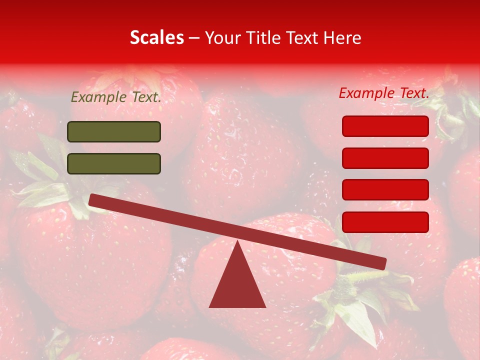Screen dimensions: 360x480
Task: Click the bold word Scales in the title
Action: (x=157, y=38)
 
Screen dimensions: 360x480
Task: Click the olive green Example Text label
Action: (x=116, y=97)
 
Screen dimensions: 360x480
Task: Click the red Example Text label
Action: (x=384, y=93)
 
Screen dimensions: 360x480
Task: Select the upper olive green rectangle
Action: (x=114, y=131)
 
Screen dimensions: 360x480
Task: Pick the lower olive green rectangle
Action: (x=114, y=163)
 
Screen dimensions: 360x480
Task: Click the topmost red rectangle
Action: (x=385, y=126)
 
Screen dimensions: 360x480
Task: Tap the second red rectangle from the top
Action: (x=385, y=158)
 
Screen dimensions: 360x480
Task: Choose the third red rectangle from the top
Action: (x=385, y=190)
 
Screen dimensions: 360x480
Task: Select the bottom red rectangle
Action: (x=385, y=222)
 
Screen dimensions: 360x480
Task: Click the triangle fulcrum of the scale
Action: (x=237, y=285)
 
